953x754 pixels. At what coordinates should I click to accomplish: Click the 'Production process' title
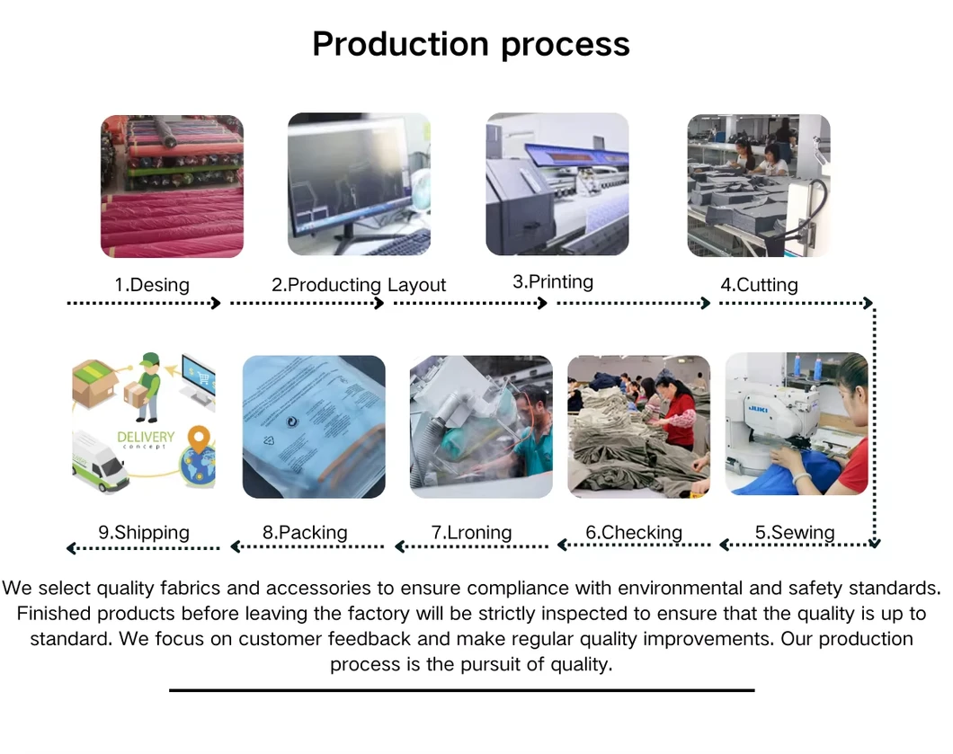tap(471, 45)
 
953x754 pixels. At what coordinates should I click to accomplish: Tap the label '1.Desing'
tap(152, 284)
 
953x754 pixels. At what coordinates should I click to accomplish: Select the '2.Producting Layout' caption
tap(359, 284)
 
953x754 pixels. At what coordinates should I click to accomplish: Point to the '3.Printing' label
tap(553, 282)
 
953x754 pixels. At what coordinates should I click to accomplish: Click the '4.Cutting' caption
tap(759, 284)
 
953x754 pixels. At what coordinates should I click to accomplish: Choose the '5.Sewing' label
tap(795, 532)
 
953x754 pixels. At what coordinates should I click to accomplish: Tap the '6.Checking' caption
tap(634, 532)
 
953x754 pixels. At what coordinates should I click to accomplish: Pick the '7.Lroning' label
tap(472, 532)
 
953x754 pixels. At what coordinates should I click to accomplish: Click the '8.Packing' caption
tap(305, 532)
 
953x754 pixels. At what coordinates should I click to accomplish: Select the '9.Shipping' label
tap(144, 532)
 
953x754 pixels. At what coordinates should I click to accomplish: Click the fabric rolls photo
tap(172, 186)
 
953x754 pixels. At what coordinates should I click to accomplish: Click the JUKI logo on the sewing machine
tap(758, 409)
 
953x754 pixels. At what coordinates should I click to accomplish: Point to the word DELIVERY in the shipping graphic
tap(146, 437)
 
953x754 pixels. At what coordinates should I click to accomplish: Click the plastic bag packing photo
tap(314, 427)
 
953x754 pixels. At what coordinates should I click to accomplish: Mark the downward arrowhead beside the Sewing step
tap(874, 543)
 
